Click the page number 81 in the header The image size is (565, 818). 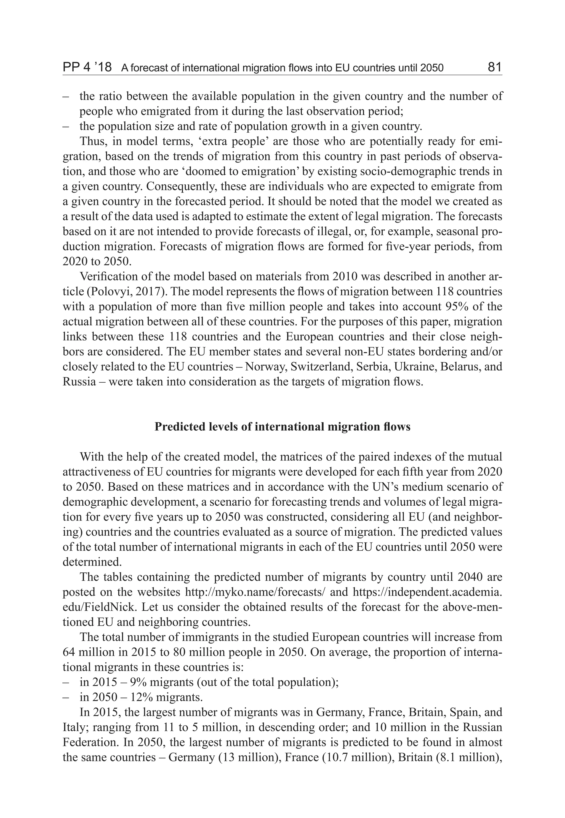[x=494, y=67]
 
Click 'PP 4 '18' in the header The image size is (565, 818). [x=87, y=67]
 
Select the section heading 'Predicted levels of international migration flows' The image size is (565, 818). [x=282, y=427]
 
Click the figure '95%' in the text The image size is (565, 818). [x=455, y=306]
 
